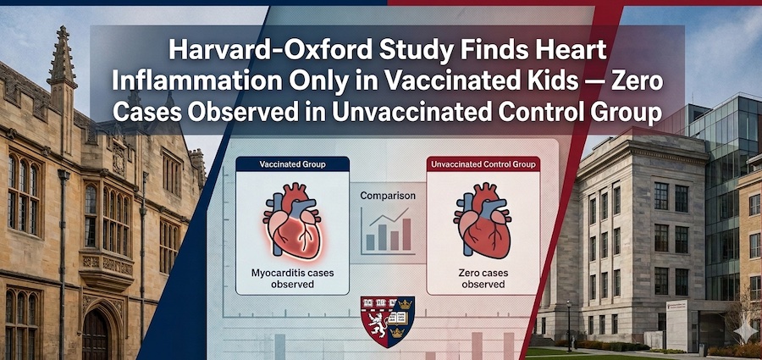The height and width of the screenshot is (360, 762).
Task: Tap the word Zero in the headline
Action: point(639,82)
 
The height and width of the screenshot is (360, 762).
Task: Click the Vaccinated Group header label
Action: point(292,164)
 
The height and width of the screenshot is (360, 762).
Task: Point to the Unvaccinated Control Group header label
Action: point(483,164)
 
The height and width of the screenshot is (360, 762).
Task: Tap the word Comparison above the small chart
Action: point(387,196)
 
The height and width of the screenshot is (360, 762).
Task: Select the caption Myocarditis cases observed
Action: point(292,279)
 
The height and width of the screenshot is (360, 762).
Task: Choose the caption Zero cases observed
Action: point(483,279)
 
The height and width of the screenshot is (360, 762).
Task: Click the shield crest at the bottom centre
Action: point(387,321)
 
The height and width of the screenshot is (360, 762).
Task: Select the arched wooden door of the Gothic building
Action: point(95,334)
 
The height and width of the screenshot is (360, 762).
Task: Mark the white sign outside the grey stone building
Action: point(676,324)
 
